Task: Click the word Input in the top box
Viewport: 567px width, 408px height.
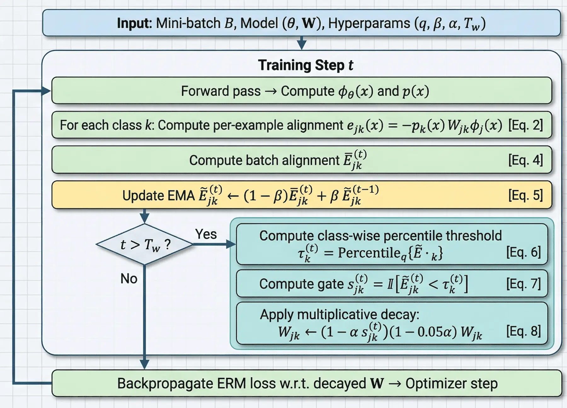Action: tap(135, 23)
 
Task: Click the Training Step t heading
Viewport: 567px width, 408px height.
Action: tap(305, 65)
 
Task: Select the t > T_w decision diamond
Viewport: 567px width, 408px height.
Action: tap(145, 244)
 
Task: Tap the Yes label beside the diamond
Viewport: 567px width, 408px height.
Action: tap(206, 234)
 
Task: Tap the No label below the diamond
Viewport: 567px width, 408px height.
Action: tap(129, 279)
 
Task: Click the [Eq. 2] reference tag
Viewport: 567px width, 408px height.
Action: tap(525, 125)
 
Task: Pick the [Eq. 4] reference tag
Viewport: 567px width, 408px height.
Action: tap(525, 160)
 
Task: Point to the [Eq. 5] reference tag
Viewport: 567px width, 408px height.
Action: tap(525, 195)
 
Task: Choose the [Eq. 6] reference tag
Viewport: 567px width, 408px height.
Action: tap(523, 252)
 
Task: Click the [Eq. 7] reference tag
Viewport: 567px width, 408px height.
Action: tap(523, 284)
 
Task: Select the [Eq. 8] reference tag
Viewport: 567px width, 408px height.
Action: tap(523, 331)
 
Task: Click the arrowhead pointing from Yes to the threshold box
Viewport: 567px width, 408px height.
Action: tap(232, 244)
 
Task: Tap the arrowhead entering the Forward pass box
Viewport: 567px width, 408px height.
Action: tap(46, 91)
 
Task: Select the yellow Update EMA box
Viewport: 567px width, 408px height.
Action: tap(301, 195)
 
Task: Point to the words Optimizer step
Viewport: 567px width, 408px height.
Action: tap(451, 383)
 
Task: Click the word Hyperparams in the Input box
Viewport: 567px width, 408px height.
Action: tap(369, 23)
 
